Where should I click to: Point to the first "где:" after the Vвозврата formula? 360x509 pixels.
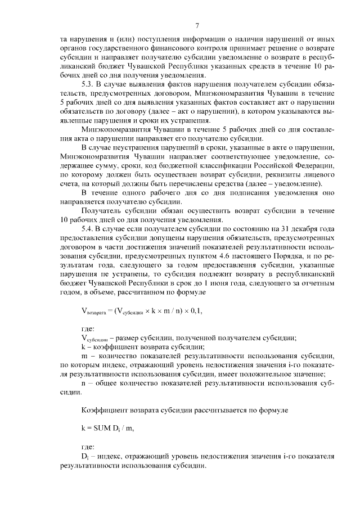point(89,327)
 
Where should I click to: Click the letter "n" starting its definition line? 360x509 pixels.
point(84,382)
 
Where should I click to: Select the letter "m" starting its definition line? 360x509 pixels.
point(84,355)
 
